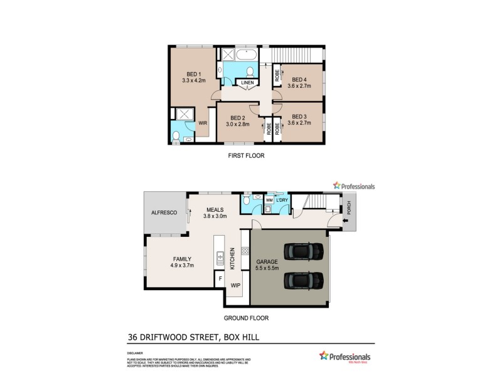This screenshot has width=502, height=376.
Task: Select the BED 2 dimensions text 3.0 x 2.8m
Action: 238,125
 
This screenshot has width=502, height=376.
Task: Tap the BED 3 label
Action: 299,117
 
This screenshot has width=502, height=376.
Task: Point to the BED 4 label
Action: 299,79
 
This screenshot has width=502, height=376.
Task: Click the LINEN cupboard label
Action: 247,82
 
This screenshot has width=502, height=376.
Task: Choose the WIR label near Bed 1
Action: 203,123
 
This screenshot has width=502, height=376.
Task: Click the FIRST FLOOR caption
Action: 246,155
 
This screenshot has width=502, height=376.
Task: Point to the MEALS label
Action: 215,209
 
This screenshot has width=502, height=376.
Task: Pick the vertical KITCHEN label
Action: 232,258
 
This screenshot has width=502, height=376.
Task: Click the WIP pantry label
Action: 235,285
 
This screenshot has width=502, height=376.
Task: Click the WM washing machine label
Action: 269,200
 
